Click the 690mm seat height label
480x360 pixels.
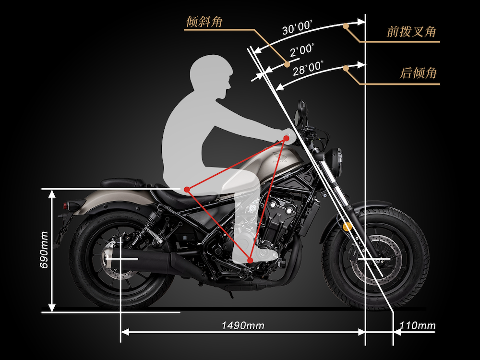[44, 250]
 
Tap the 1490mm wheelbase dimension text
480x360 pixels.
[243, 325]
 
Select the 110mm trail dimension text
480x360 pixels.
[417, 325]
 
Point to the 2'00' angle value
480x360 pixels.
[302, 50]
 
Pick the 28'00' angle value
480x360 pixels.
[308, 69]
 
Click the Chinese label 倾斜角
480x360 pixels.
[204, 22]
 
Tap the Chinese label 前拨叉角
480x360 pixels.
[411, 32]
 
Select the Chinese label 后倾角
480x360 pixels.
[418, 73]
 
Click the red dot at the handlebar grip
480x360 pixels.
[286, 138]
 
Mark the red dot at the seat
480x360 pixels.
[187, 190]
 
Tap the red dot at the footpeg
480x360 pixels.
[250, 261]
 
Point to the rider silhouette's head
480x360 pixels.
[211, 76]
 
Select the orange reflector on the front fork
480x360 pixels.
[347, 227]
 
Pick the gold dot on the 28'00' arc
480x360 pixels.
[346, 68]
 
